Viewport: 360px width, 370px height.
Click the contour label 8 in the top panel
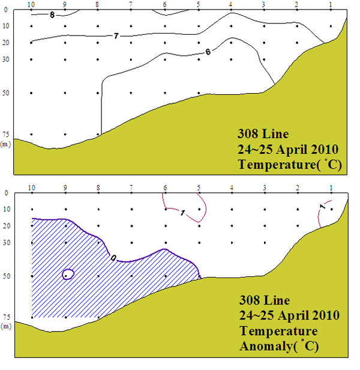click(52, 14)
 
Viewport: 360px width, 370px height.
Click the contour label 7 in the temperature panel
click(116, 37)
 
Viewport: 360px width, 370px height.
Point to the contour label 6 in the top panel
click(208, 52)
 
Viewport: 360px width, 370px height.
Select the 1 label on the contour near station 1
click(322, 207)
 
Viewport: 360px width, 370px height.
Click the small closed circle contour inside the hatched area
click(68, 274)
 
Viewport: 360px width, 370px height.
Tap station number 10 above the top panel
click(31, 4)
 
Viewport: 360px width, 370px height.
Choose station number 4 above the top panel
click(230, 4)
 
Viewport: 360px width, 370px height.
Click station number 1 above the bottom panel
click(331, 188)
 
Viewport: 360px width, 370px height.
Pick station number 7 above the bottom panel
click(131, 188)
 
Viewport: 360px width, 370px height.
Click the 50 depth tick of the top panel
click(5, 93)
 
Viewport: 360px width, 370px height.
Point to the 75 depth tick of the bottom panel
click(5, 317)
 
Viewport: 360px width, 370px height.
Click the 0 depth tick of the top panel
click(5, 10)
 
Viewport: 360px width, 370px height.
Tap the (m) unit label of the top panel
click(5, 144)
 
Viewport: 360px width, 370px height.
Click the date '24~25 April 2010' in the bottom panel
click(289, 315)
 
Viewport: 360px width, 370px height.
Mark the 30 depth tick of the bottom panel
click(5, 243)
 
